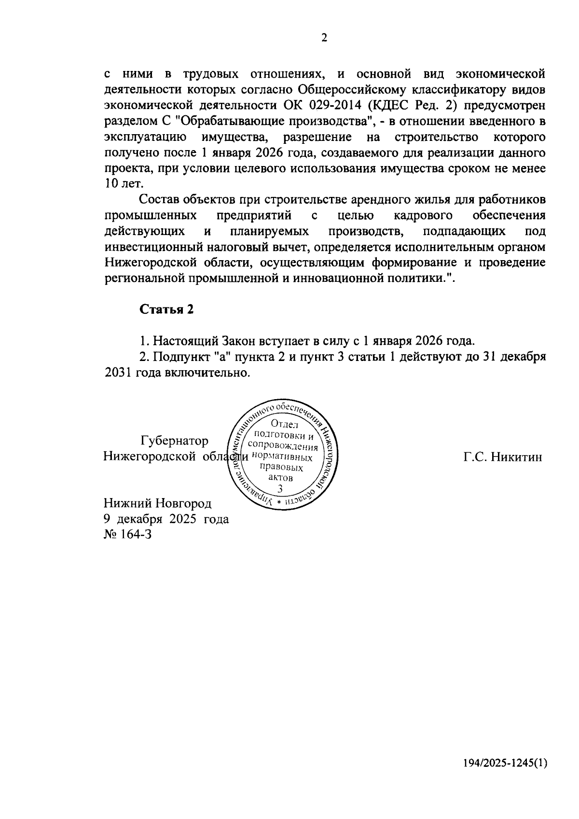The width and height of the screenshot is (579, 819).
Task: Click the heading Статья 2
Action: tap(166, 309)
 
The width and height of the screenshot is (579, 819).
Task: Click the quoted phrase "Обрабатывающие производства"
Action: tap(276, 122)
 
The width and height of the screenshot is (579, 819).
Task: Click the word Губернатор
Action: tap(175, 441)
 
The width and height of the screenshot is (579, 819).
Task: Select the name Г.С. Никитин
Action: tap(503, 457)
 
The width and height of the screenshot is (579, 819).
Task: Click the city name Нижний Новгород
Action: tap(158, 503)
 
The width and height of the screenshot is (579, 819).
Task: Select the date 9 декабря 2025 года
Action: tap(166, 519)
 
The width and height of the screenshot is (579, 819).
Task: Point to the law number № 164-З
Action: tap(128, 535)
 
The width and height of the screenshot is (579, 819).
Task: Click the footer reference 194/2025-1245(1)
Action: tap(505, 777)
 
